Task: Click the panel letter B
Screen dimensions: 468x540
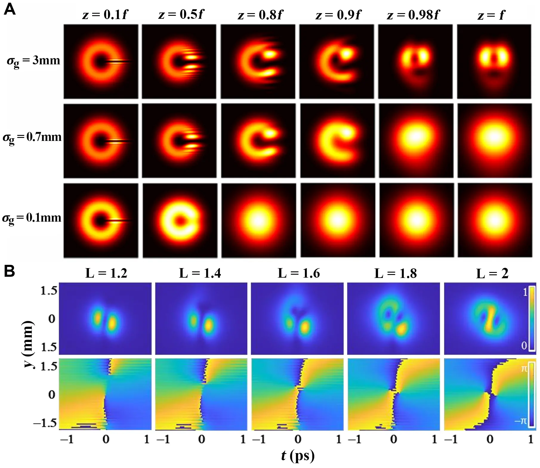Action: (9, 271)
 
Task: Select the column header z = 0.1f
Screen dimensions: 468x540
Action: (105, 15)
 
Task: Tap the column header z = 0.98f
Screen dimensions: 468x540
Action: (413, 15)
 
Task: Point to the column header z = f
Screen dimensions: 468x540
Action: (491, 15)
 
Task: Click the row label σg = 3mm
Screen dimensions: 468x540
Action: (33, 61)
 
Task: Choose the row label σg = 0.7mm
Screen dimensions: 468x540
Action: (32, 137)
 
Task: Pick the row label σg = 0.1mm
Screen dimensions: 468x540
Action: (32, 218)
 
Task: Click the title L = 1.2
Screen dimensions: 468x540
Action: (106, 273)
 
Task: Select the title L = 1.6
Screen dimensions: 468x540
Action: (299, 273)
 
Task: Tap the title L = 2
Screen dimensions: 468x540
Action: (492, 273)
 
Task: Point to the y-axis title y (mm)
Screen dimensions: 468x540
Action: (28, 344)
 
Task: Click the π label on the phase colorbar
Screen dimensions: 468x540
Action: (524, 369)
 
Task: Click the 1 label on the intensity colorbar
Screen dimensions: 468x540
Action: (525, 292)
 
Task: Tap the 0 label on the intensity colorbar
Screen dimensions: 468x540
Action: (524, 346)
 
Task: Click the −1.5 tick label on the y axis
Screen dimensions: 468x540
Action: (45, 423)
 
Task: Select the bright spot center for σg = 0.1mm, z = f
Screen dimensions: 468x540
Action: (494, 220)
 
